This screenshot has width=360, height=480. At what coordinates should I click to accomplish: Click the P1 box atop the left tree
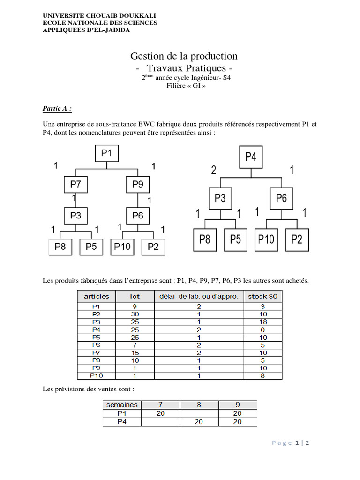[x=107, y=153]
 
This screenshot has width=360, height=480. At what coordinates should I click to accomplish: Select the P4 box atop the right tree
[x=251, y=157]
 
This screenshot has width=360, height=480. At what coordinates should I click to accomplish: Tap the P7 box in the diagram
[x=75, y=184]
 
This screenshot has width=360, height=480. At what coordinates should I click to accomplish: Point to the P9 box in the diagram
[x=137, y=184]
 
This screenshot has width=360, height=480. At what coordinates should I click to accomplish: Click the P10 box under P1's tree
[x=122, y=247]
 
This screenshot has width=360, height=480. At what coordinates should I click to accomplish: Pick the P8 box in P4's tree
[x=205, y=240]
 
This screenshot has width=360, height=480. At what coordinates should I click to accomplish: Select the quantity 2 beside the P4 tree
[x=214, y=170]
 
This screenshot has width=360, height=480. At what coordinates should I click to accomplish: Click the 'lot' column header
[x=135, y=296]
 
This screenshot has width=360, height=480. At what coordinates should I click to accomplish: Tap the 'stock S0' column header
[x=263, y=296]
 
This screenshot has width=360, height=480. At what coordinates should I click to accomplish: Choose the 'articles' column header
[x=97, y=296]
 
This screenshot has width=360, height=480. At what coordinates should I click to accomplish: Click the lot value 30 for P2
[x=135, y=314]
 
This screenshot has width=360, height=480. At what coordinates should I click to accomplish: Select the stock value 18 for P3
[x=263, y=322]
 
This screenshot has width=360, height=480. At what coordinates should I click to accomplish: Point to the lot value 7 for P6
[x=135, y=345]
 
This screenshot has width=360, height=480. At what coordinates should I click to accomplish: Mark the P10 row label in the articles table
[x=97, y=375]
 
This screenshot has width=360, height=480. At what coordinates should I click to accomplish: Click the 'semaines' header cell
[x=122, y=405]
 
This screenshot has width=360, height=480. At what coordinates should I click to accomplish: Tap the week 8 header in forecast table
[x=199, y=405]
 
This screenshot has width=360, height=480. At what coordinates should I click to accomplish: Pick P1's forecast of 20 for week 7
[x=161, y=413]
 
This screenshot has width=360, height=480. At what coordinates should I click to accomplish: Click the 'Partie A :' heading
[x=57, y=108]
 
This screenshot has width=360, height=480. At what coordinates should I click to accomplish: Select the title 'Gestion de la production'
[x=184, y=56]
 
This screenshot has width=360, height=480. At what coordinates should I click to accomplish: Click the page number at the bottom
[x=297, y=443]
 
